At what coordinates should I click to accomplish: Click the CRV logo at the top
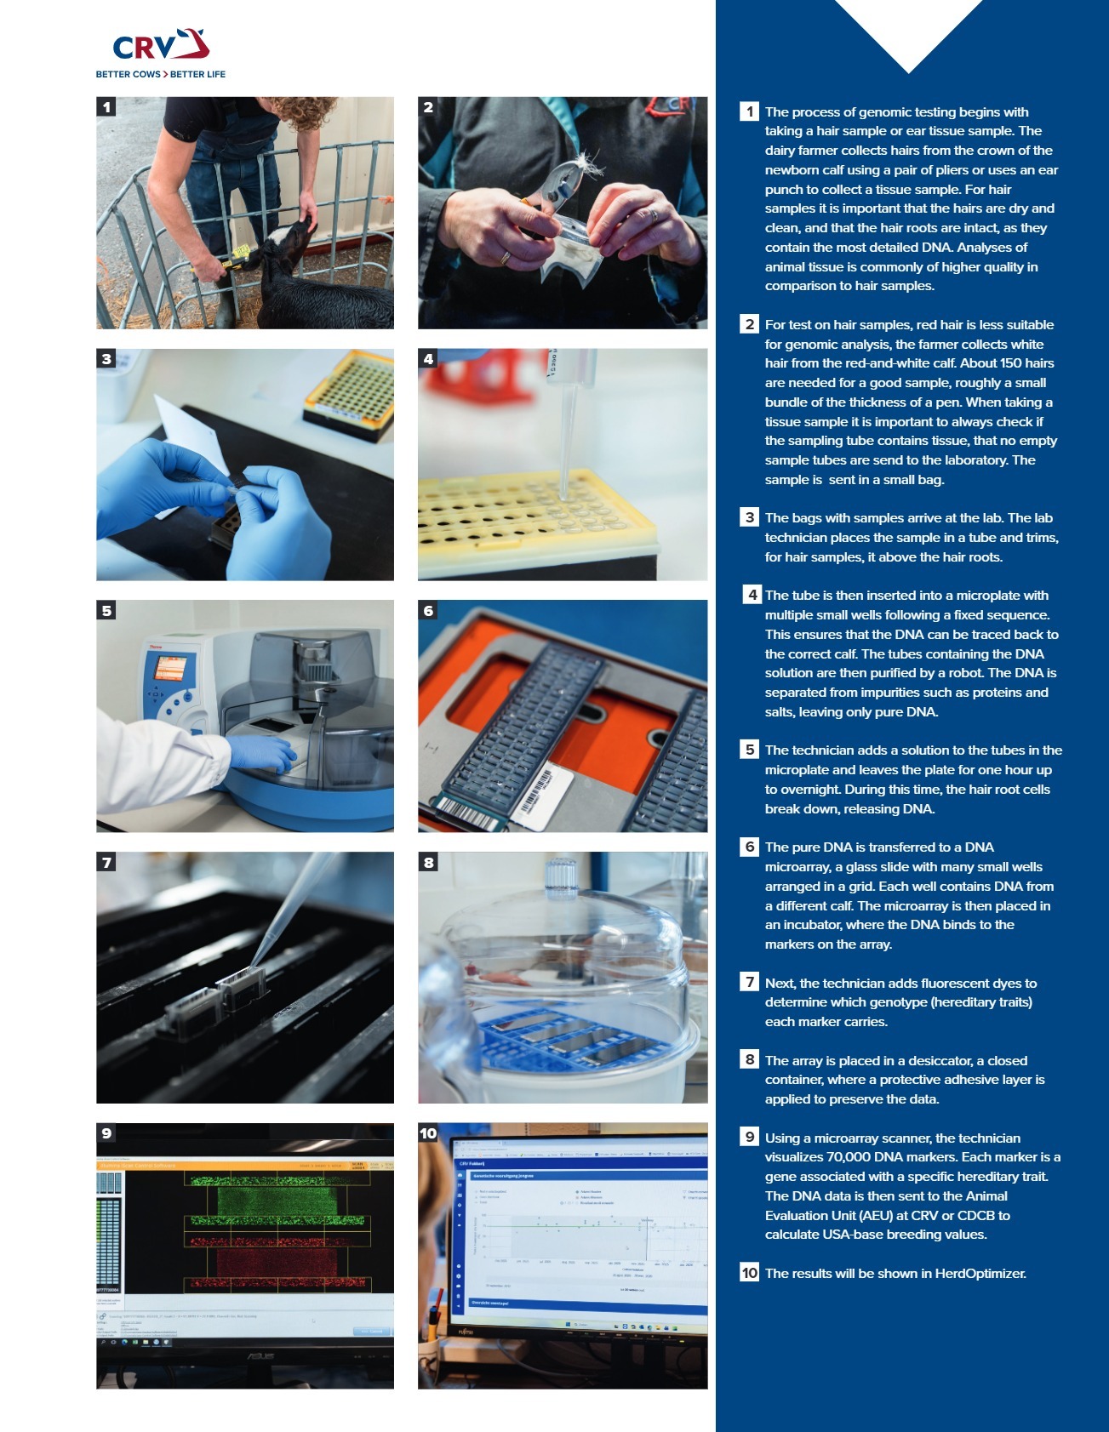pyautogui.click(x=160, y=46)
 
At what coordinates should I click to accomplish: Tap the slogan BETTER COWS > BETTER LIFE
pyautogui.click(x=160, y=75)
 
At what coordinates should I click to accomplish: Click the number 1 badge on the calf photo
pyautogui.click(x=106, y=107)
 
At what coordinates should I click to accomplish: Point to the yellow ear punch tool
pyautogui.click(x=237, y=254)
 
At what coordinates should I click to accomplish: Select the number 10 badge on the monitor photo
pyautogui.click(x=428, y=1133)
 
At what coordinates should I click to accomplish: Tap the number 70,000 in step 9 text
pyautogui.click(x=852, y=1157)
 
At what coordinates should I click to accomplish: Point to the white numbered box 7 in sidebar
pyautogui.click(x=749, y=983)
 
